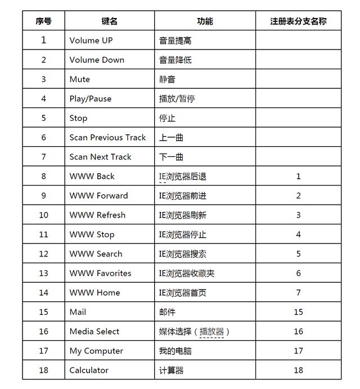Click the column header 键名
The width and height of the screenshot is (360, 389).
(109, 21)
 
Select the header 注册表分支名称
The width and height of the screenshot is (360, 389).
(298, 21)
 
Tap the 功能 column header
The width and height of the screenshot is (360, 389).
(205, 21)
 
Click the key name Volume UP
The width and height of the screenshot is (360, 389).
(91, 40)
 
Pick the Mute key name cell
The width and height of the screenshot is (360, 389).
(80, 79)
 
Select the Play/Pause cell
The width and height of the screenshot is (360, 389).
(91, 99)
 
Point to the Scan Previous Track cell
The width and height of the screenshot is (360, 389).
(107, 138)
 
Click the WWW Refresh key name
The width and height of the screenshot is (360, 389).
(97, 215)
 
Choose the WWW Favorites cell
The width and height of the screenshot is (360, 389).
(100, 273)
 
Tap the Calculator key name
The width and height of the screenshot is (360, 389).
(89, 370)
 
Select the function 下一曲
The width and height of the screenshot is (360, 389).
(171, 157)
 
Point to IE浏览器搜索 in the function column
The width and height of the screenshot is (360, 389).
(182, 254)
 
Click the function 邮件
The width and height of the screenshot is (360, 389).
(167, 312)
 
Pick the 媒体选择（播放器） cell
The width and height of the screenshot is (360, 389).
(195, 332)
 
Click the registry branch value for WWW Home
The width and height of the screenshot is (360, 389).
(298, 293)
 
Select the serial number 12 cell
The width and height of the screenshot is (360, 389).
(43, 254)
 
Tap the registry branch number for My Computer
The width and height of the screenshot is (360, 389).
(298, 351)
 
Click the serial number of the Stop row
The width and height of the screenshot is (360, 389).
(43, 118)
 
